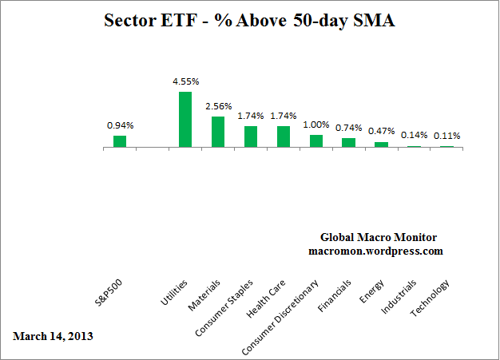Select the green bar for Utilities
[185, 120]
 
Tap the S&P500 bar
[120, 141]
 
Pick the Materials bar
[218, 132]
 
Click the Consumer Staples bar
[251, 136]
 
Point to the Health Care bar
[284, 136]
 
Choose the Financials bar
[349, 143]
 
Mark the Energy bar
[382, 144]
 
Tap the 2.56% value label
[218, 105]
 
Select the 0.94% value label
[120, 125]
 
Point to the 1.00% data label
[316, 124]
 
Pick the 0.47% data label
[382, 131]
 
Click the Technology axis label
[431, 297]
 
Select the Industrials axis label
[399, 296]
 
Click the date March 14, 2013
[53, 336]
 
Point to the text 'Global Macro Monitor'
[375, 237]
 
